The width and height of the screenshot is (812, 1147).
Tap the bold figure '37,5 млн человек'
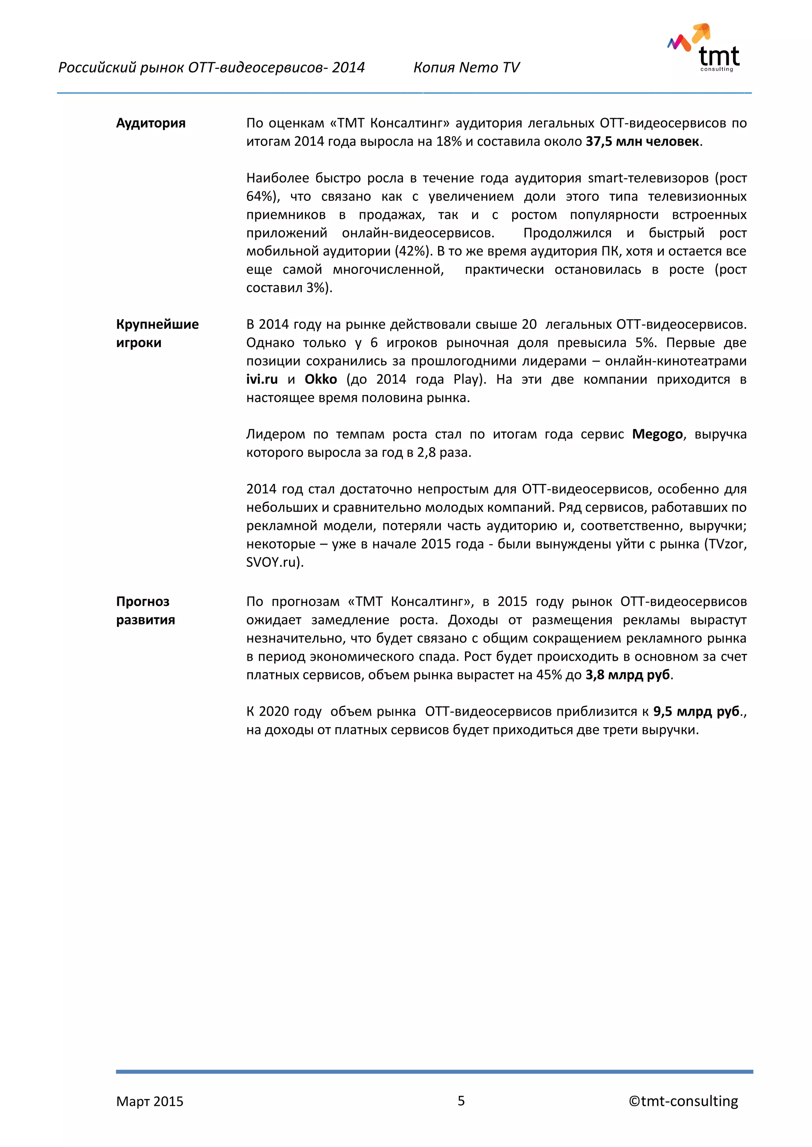point(642,141)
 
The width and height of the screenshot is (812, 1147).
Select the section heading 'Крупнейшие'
point(157,324)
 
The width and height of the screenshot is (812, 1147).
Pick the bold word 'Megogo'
point(657,434)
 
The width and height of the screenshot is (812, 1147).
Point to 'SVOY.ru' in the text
point(272,562)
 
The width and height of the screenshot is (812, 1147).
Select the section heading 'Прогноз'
point(142,602)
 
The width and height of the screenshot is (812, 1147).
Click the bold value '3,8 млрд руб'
point(628,675)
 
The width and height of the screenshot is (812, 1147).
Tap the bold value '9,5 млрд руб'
point(696,711)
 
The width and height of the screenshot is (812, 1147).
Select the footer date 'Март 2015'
point(149,1101)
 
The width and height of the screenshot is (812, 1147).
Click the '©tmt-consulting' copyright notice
point(683,1101)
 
